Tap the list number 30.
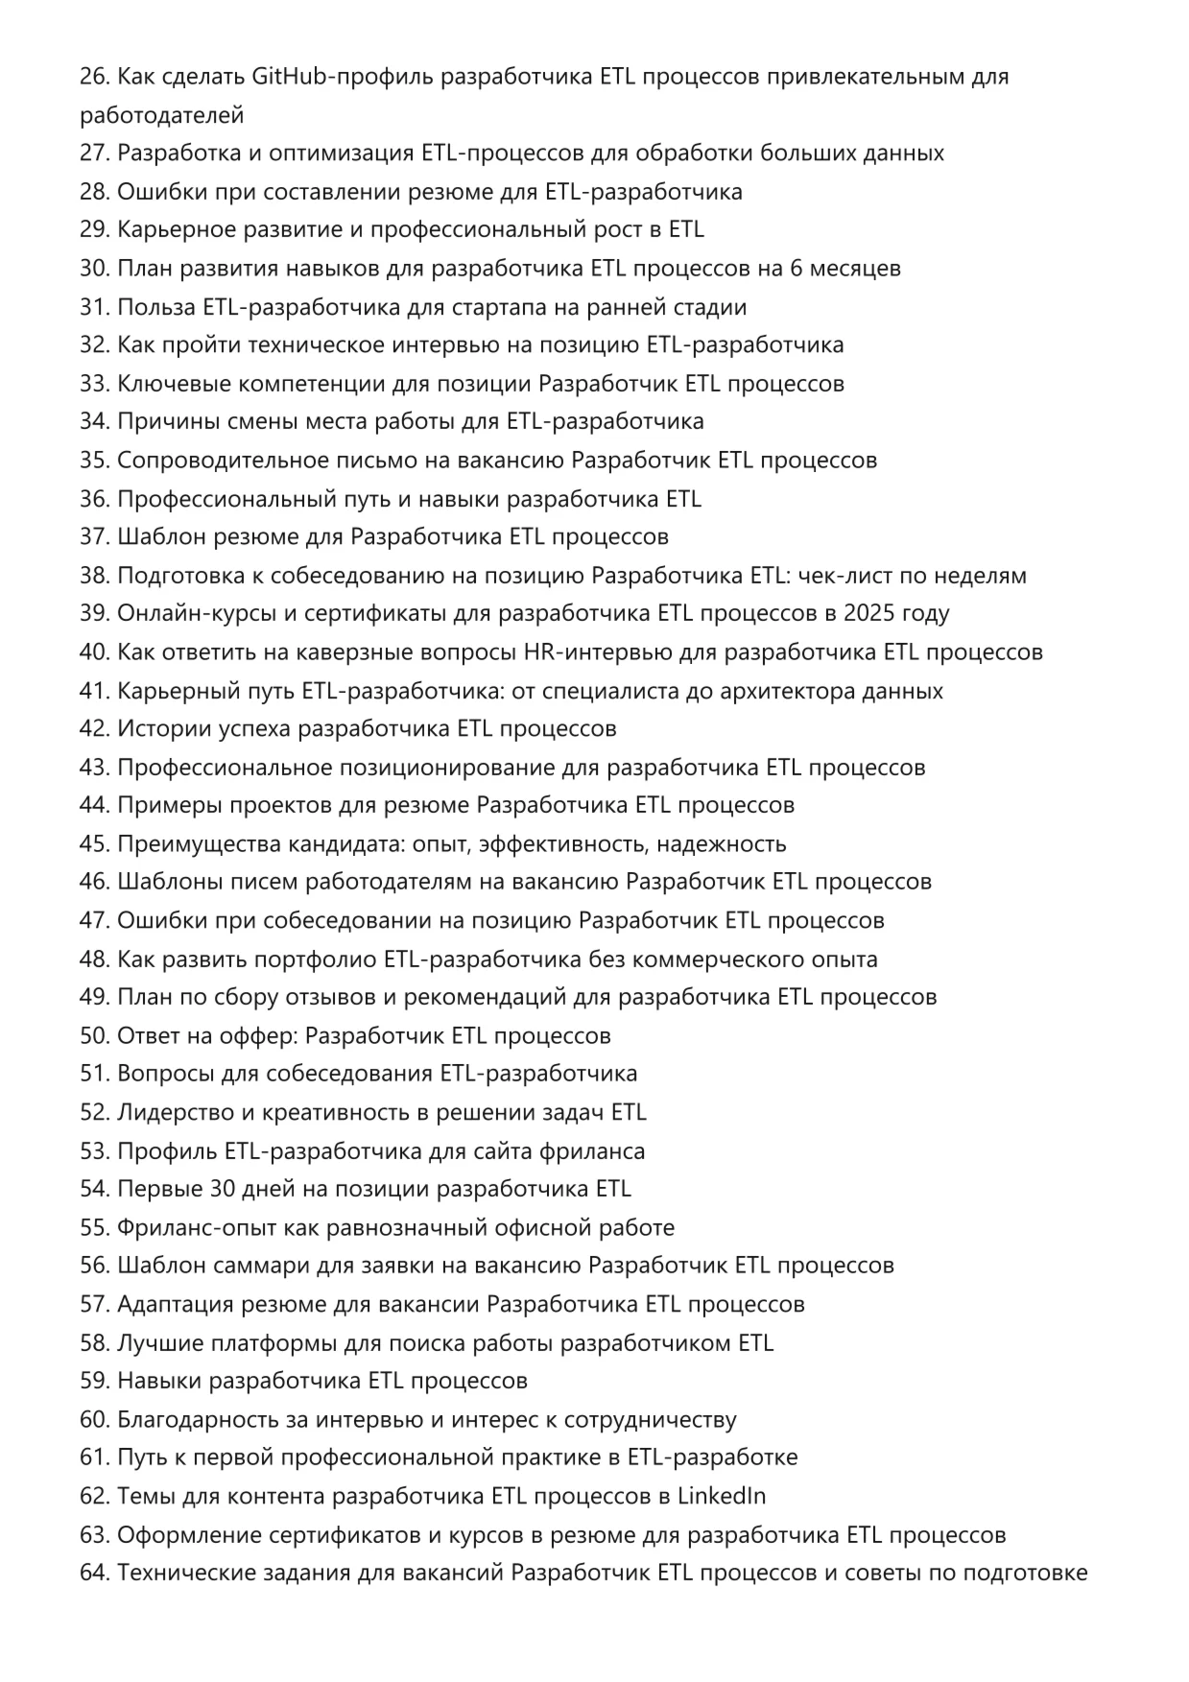94,269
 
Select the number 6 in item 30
796,269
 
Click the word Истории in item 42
154,729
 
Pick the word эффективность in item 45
564,844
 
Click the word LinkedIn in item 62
722,1496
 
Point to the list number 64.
94,1573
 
